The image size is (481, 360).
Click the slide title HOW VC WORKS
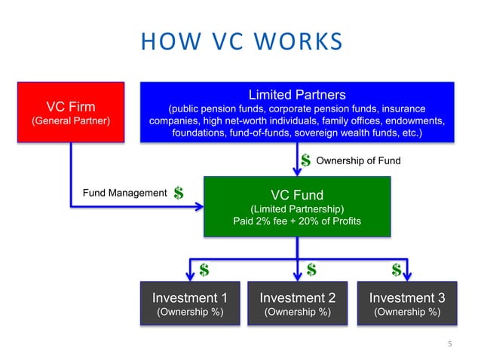point(240,42)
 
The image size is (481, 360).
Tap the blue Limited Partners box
point(297,112)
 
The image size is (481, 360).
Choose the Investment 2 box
point(297,303)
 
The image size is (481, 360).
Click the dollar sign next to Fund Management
point(179,194)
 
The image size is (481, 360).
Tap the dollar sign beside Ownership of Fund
point(306,160)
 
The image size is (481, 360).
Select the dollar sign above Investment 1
point(204,269)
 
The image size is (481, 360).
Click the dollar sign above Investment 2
point(311,269)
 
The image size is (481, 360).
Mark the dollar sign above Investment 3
point(396,269)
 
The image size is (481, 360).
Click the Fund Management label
point(124,193)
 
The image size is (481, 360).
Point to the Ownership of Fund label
point(357,160)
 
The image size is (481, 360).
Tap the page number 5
point(449,344)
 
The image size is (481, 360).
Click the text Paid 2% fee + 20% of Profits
point(297,221)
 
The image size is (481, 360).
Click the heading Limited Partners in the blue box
point(297,95)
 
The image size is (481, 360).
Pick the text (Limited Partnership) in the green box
point(297,209)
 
